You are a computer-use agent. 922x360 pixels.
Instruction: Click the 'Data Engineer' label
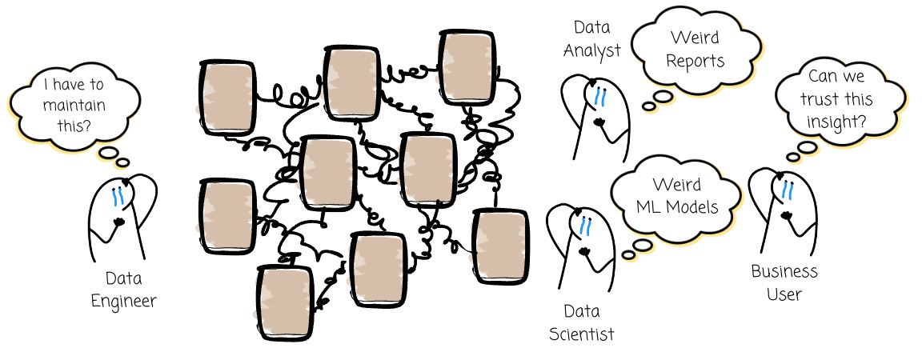tap(123, 290)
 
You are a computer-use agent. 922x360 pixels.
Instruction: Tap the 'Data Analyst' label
tap(591, 39)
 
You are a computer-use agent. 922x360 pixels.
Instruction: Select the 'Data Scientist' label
tap(582, 322)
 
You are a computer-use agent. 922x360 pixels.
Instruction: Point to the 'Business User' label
tap(784, 282)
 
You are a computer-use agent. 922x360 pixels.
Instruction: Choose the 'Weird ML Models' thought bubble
tap(676, 195)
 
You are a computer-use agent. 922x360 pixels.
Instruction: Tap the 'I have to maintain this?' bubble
tap(74, 105)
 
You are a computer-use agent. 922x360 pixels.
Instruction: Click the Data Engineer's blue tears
tap(118, 194)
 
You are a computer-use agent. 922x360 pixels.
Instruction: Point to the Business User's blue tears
tap(787, 189)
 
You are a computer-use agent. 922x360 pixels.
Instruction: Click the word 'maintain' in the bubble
tap(74, 105)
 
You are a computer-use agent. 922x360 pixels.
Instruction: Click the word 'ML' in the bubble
tap(647, 207)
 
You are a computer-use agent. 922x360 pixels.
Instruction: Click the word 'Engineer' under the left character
tap(123, 301)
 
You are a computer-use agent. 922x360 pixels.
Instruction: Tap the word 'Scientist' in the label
tap(582, 334)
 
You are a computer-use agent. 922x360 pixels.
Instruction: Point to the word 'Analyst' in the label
tap(591, 50)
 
